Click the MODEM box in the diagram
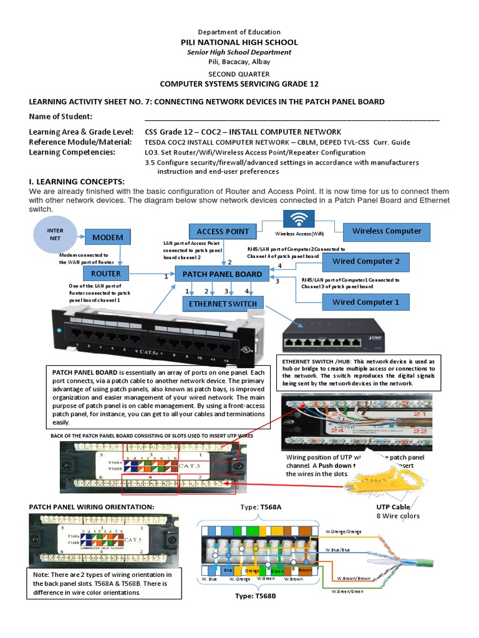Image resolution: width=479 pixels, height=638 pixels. tap(109, 237)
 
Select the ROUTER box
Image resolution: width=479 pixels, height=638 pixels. tap(105, 274)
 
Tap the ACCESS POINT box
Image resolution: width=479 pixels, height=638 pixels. tap(223, 231)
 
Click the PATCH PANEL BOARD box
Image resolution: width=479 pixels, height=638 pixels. tap(222, 274)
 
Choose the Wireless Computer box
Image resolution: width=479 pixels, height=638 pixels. tap(387, 231)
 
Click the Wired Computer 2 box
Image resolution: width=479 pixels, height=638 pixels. tap(365, 261)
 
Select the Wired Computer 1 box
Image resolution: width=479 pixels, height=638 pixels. tap(365, 302)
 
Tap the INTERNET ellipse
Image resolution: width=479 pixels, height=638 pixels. tap(56, 234)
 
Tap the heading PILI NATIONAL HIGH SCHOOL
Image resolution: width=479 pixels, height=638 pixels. tap(239, 42)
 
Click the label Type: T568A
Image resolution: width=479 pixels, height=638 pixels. tap(261, 507)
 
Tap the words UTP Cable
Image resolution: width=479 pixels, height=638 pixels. tap(393, 507)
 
